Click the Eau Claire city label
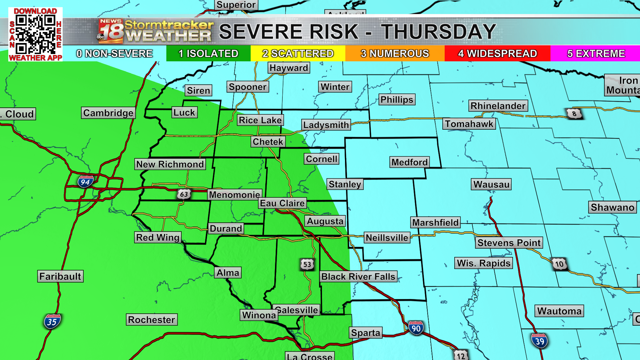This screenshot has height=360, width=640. (282, 203)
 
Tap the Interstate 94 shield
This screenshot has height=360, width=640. (85, 182)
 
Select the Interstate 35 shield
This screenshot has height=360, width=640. (52, 322)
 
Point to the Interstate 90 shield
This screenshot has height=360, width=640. (416, 328)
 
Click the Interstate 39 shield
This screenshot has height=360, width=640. (539, 341)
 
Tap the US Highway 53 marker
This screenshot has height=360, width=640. (307, 264)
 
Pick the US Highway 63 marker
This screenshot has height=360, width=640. (184, 194)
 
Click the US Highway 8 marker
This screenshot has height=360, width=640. (574, 114)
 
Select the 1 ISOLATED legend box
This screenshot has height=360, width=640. (208, 53)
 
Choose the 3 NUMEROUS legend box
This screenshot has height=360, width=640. (395, 53)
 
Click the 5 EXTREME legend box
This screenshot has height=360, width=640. (596, 53)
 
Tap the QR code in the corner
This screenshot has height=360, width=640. (36, 34)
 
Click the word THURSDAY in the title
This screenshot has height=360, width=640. (439, 32)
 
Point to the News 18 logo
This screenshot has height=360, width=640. (111, 31)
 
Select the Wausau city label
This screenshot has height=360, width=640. (491, 184)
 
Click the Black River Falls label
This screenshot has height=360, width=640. (358, 277)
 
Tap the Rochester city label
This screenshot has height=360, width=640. (151, 320)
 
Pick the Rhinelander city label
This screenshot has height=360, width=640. (498, 106)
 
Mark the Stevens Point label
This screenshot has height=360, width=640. (509, 243)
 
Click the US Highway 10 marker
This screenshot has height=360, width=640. (559, 264)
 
